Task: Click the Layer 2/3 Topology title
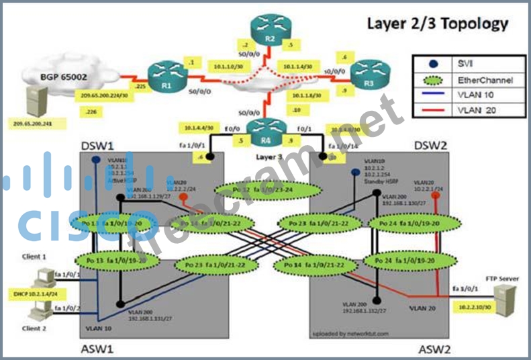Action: click(436, 24)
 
